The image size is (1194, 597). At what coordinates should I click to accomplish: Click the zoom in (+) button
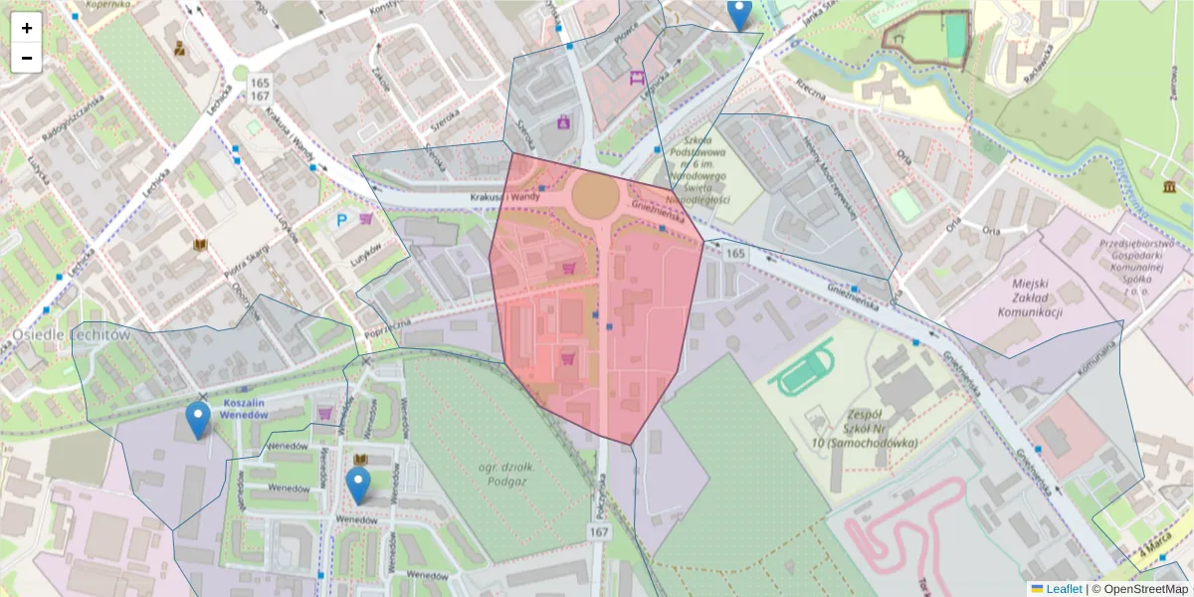26,28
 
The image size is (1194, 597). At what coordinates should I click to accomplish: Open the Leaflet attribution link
1063,589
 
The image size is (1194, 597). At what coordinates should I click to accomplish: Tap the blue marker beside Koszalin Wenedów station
199,420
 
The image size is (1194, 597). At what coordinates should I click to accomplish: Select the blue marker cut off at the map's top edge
738,14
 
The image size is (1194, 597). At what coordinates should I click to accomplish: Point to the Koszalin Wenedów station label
246,408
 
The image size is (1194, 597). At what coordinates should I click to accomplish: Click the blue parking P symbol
342,220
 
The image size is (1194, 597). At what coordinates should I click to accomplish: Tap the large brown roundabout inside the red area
594,195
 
